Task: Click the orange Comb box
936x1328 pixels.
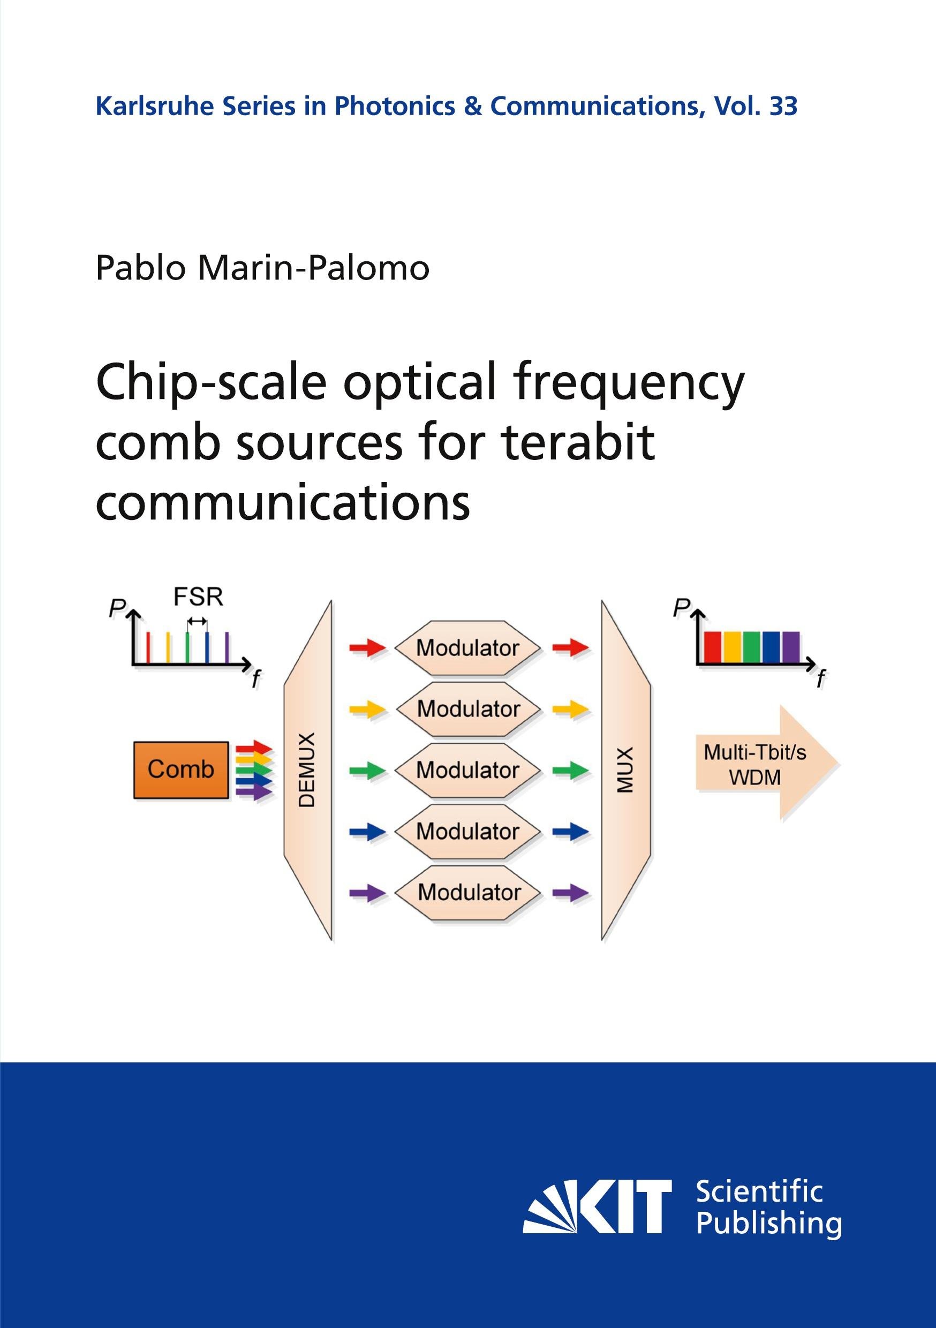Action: (x=181, y=770)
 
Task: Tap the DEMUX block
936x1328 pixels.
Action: (x=308, y=770)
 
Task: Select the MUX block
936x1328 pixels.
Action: (x=626, y=770)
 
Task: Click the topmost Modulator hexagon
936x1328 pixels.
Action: (x=467, y=648)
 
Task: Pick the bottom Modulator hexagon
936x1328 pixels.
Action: (x=467, y=893)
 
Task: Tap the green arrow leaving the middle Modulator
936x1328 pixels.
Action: (x=570, y=771)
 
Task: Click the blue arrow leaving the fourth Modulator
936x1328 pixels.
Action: (x=570, y=832)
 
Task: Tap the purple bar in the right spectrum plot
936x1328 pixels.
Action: (x=790, y=647)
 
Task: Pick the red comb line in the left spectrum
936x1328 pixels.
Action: (x=149, y=647)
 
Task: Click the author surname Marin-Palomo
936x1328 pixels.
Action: (x=314, y=268)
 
